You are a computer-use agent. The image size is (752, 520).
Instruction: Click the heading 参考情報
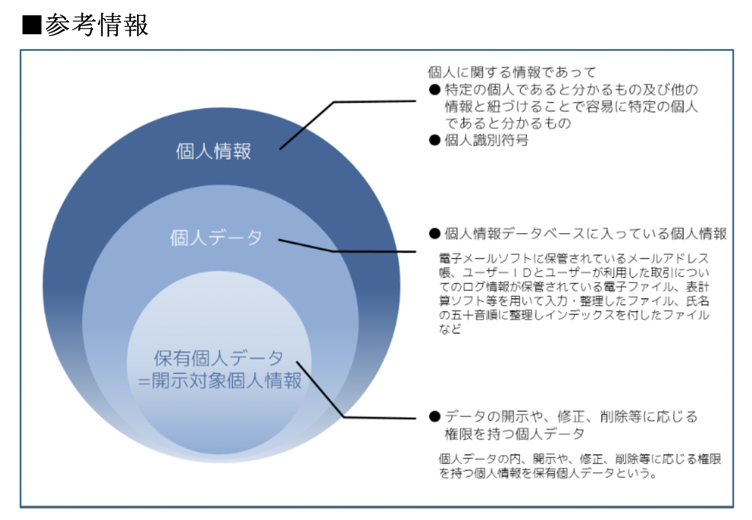[97, 25]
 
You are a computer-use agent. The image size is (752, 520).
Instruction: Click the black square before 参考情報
[32, 25]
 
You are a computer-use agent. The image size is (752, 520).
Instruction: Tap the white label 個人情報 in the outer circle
[213, 151]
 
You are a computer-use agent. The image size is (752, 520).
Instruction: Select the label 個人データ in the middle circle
[216, 238]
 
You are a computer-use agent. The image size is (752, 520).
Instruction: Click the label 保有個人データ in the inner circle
[218, 358]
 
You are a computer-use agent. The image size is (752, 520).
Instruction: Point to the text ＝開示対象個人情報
[220, 381]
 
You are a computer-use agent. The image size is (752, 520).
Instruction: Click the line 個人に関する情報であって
[512, 72]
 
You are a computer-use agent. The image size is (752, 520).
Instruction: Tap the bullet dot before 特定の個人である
[435, 90]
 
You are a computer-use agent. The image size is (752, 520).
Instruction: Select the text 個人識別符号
[487, 140]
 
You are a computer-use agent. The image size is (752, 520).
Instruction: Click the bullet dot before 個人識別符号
[435, 140]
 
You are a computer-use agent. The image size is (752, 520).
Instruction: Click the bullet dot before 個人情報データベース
[435, 234]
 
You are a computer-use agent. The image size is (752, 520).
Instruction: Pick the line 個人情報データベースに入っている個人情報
[586, 234]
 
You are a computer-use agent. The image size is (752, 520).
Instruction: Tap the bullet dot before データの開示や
[435, 417]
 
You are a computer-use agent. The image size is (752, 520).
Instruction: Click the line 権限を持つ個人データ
[514, 434]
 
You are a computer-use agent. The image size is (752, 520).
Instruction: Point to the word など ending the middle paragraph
[450, 329]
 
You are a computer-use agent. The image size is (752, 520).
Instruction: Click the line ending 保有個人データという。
[548, 473]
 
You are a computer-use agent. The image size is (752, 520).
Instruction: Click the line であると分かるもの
[507, 124]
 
